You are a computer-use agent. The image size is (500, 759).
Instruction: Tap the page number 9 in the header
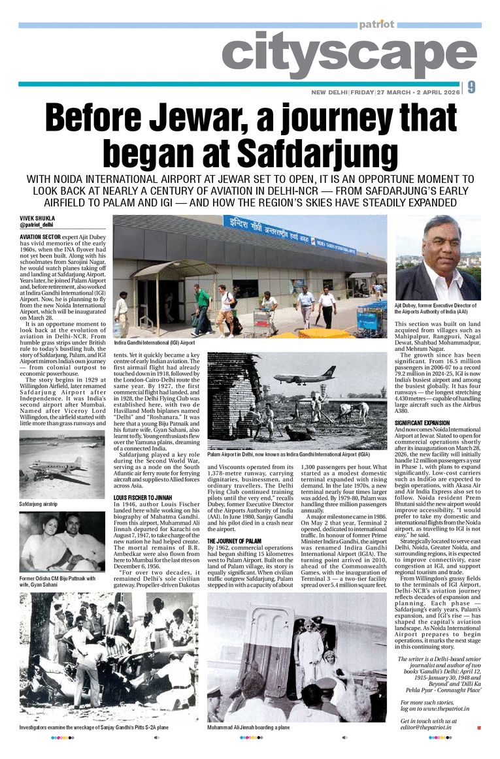pos(471,88)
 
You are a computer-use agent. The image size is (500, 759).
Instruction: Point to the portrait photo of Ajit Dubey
pos(438,257)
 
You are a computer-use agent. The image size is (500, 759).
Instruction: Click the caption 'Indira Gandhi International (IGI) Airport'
pos(154,342)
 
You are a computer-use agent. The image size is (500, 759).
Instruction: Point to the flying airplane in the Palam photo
pos(305,378)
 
